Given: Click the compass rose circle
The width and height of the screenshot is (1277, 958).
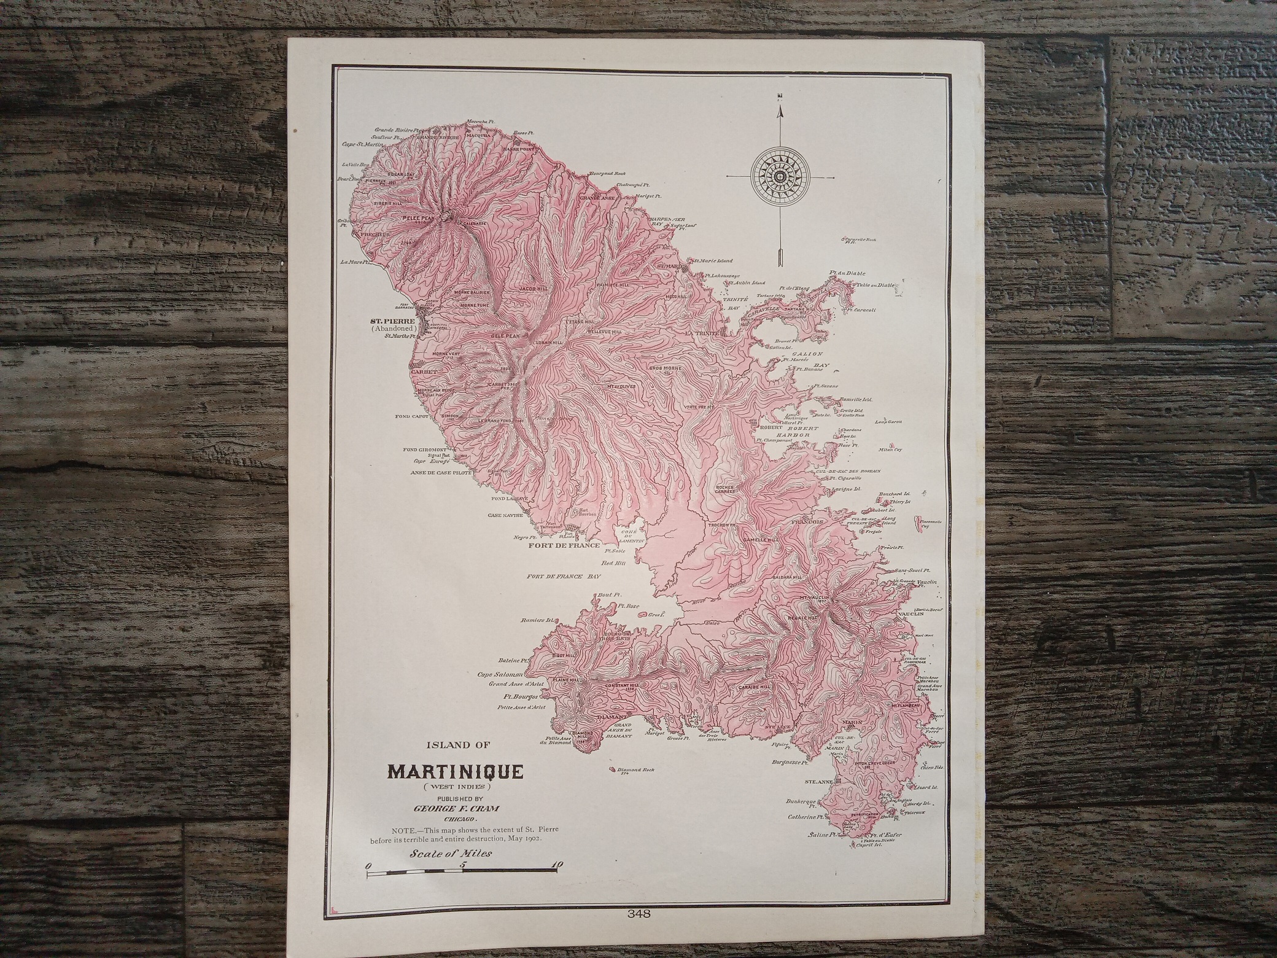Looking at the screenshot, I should click(x=779, y=177).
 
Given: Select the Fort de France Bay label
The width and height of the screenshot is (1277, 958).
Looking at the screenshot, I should click(x=563, y=577).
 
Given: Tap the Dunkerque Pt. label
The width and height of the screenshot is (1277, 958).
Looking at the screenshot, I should click(x=801, y=802).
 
